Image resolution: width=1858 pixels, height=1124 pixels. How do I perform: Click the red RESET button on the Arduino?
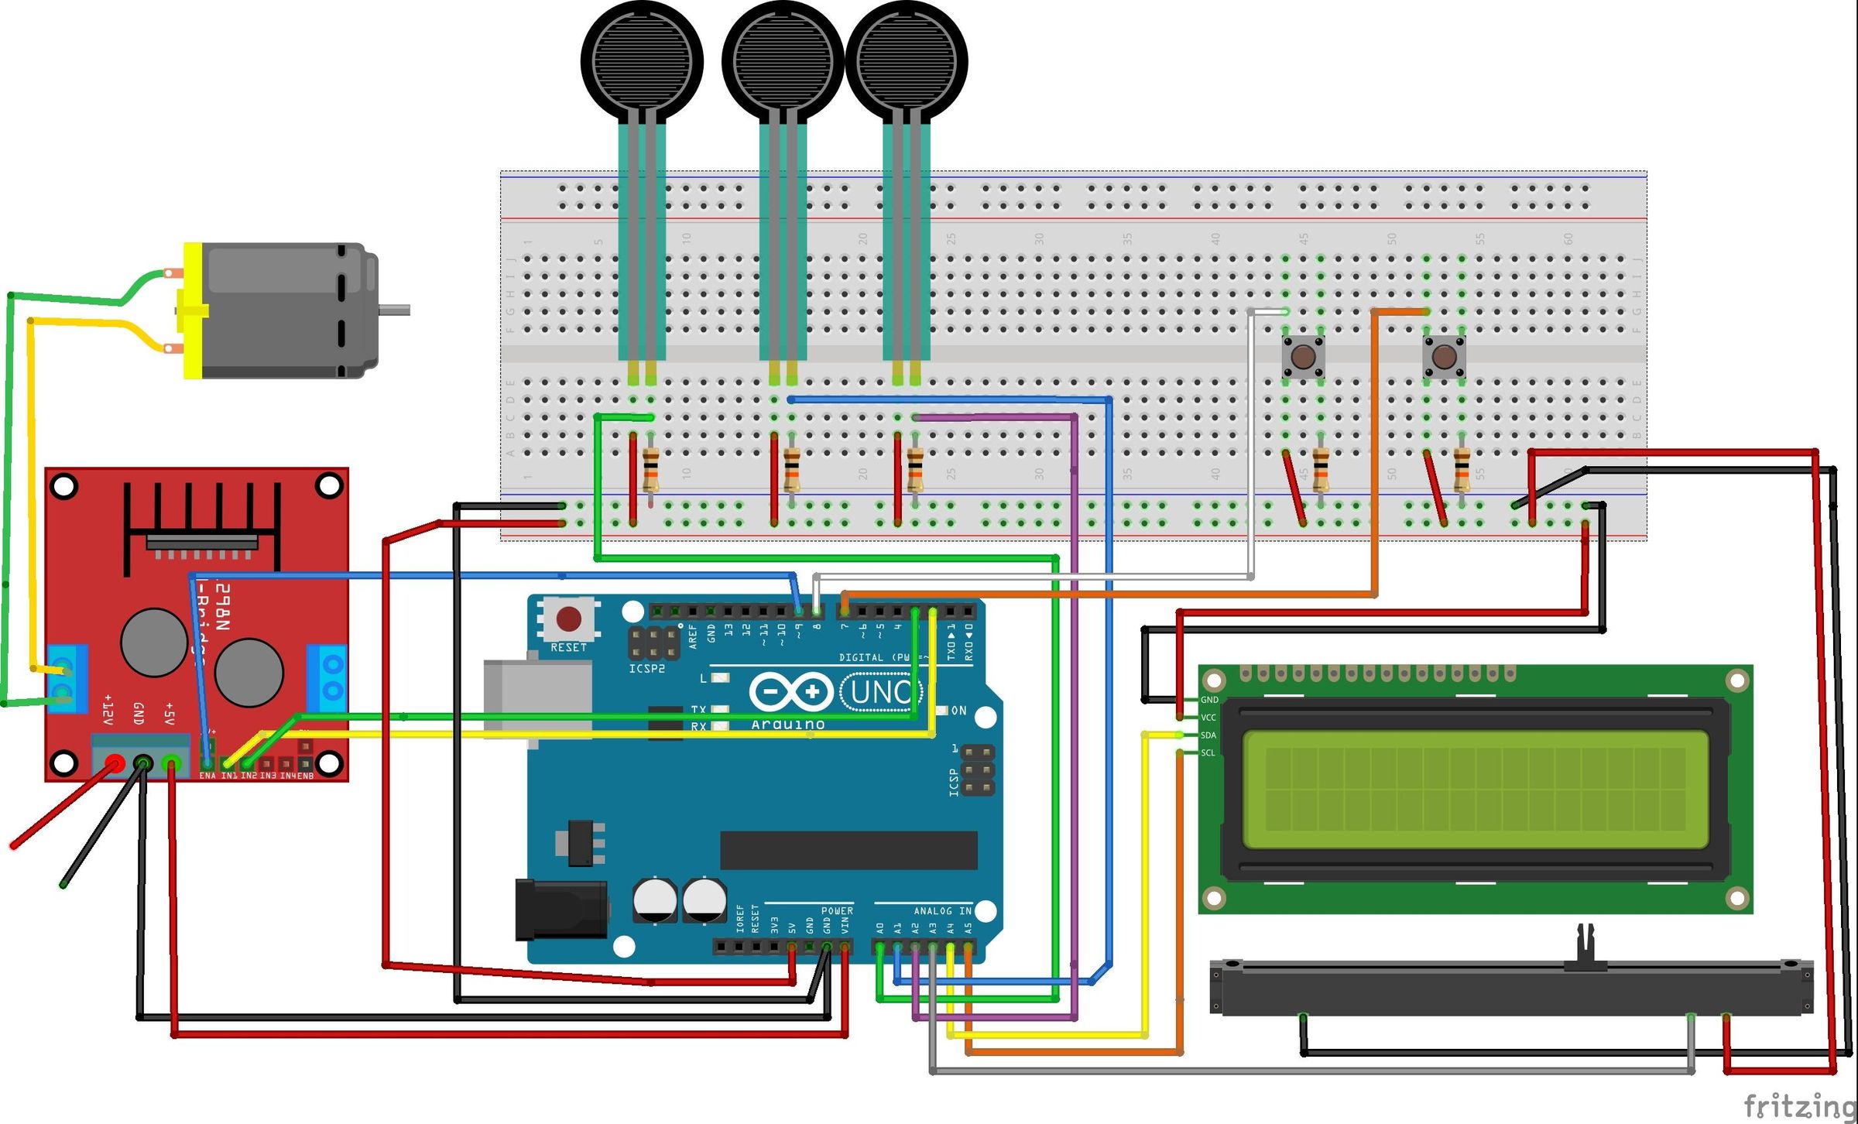(x=569, y=619)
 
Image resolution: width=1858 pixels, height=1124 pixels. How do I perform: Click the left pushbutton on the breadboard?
(x=1303, y=357)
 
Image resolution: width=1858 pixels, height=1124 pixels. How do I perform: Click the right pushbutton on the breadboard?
(x=1444, y=357)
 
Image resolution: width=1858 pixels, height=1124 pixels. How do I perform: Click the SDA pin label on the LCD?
(x=1208, y=735)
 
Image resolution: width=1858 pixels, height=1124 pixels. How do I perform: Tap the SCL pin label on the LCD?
(x=1208, y=753)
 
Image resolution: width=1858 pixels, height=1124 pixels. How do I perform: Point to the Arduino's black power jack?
(x=561, y=910)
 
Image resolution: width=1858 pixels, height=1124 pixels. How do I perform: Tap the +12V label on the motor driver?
(x=108, y=708)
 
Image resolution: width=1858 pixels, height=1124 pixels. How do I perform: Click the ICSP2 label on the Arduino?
(x=646, y=669)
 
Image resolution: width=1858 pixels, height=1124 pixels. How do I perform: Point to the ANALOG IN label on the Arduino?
(x=942, y=911)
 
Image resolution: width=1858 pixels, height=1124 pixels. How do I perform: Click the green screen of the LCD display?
(x=1475, y=790)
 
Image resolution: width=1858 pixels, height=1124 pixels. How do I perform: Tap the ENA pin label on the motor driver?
(x=207, y=776)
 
